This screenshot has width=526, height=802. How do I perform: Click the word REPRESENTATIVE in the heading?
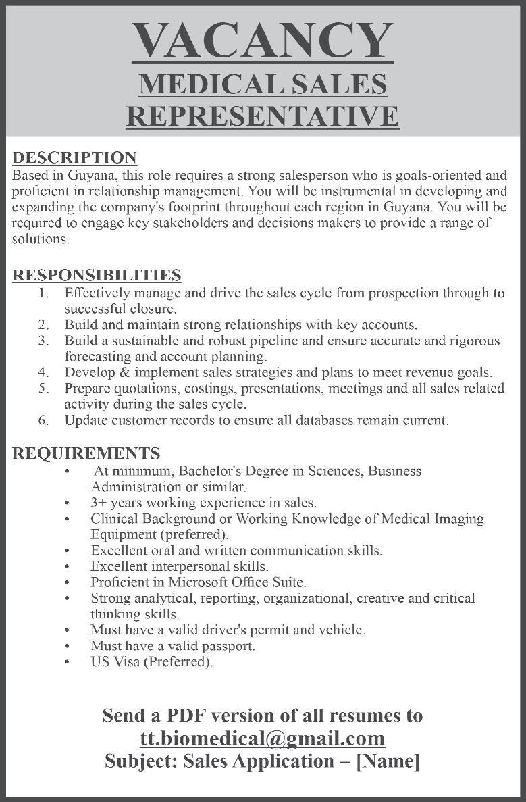263,115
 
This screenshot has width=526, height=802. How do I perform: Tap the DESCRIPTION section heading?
75,157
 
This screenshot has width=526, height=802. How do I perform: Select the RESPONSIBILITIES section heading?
97,275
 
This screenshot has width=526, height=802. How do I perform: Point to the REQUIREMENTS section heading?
86,453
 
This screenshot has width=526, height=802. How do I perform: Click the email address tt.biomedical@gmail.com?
263,738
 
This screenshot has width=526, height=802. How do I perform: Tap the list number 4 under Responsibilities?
43,372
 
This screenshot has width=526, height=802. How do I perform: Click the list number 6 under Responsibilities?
43,420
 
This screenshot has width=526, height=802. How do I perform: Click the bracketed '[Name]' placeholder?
388,761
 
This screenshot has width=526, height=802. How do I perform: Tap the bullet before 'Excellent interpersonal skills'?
68,566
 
